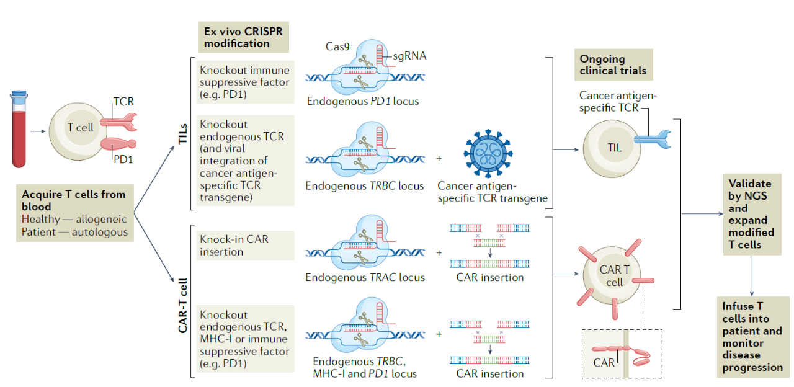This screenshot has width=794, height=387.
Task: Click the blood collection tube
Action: (19, 129)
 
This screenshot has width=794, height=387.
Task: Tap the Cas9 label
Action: (337, 47)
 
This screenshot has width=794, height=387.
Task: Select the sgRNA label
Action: (409, 56)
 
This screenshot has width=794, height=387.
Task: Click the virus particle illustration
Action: (488, 153)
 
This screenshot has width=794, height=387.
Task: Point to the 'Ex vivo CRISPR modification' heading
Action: (244, 37)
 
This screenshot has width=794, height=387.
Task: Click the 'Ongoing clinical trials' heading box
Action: (613, 65)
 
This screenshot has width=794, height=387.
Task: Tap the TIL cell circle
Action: (612, 148)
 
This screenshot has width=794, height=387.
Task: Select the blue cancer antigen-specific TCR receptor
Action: (653, 140)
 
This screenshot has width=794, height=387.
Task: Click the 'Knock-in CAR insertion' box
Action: (245, 246)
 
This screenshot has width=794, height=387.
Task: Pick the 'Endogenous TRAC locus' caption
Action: (365, 277)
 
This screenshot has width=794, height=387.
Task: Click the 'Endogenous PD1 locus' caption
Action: (363, 101)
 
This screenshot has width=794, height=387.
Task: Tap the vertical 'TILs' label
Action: (182, 133)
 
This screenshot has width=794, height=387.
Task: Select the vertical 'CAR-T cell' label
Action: (182, 306)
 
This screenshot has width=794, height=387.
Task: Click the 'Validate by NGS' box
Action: (752, 215)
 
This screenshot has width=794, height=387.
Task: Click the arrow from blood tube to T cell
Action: (38, 131)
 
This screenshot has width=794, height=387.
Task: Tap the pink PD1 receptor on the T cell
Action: (118, 144)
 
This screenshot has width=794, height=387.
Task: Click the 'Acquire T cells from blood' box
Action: (75, 213)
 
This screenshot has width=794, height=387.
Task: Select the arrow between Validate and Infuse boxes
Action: (752, 276)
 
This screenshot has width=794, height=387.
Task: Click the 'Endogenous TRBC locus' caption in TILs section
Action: (364, 186)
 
